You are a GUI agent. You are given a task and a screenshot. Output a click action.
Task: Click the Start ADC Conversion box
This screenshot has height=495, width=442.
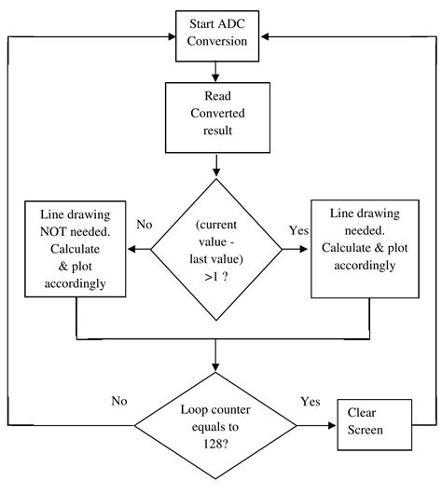216,31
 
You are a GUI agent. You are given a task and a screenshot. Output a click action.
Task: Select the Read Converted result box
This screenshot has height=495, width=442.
216,117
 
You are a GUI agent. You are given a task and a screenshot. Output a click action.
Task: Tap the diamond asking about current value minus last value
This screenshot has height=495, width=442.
216,249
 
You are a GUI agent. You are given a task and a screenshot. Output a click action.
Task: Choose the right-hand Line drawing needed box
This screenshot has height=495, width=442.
359,248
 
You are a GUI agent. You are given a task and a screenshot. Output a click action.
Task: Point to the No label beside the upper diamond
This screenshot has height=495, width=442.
145,225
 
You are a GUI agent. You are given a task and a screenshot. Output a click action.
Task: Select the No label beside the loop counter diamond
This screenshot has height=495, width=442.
119,402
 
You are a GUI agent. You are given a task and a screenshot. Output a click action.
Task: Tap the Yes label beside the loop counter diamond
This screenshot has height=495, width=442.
311,402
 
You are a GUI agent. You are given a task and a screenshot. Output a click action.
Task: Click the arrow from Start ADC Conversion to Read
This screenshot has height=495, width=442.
216,69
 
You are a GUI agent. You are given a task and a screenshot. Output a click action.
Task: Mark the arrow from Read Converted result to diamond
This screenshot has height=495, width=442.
216,164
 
